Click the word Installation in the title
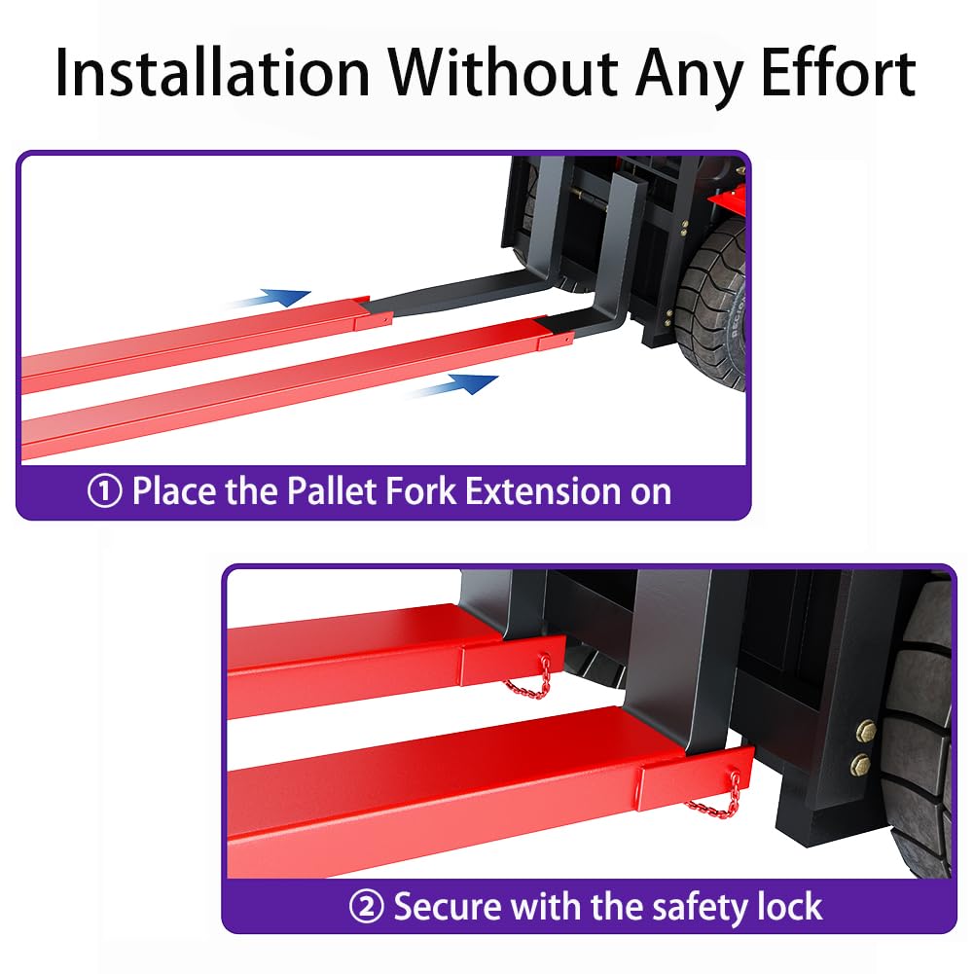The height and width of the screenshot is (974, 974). point(212,73)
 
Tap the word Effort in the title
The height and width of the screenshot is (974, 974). point(839,72)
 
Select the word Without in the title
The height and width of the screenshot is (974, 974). point(503,72)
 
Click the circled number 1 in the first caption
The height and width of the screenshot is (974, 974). point(104,491)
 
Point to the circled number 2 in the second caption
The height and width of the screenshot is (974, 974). point(367,906)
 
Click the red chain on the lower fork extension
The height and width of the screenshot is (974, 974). point(715,797)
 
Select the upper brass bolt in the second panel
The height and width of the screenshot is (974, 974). point(866,731)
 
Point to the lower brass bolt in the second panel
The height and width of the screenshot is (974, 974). point(861,764)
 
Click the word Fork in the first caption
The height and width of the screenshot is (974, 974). point(421,491)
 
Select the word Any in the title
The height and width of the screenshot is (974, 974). point(690,76)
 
